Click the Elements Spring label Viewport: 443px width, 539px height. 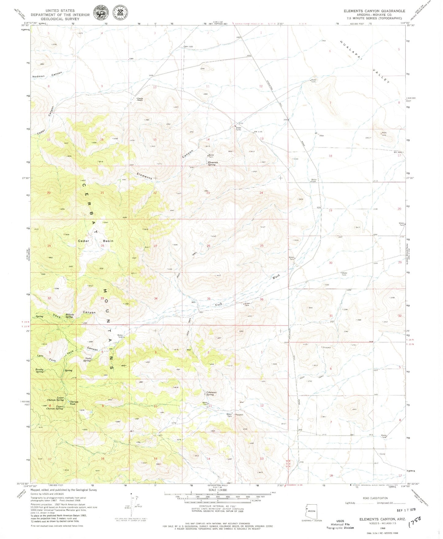point(213,164)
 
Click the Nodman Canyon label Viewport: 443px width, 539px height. point(48,75)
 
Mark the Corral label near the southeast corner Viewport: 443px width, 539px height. point(382,454)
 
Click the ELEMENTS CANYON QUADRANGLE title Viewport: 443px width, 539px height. point(374,11)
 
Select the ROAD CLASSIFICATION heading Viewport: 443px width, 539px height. point(375,498)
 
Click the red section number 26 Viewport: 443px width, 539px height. point(208,246)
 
